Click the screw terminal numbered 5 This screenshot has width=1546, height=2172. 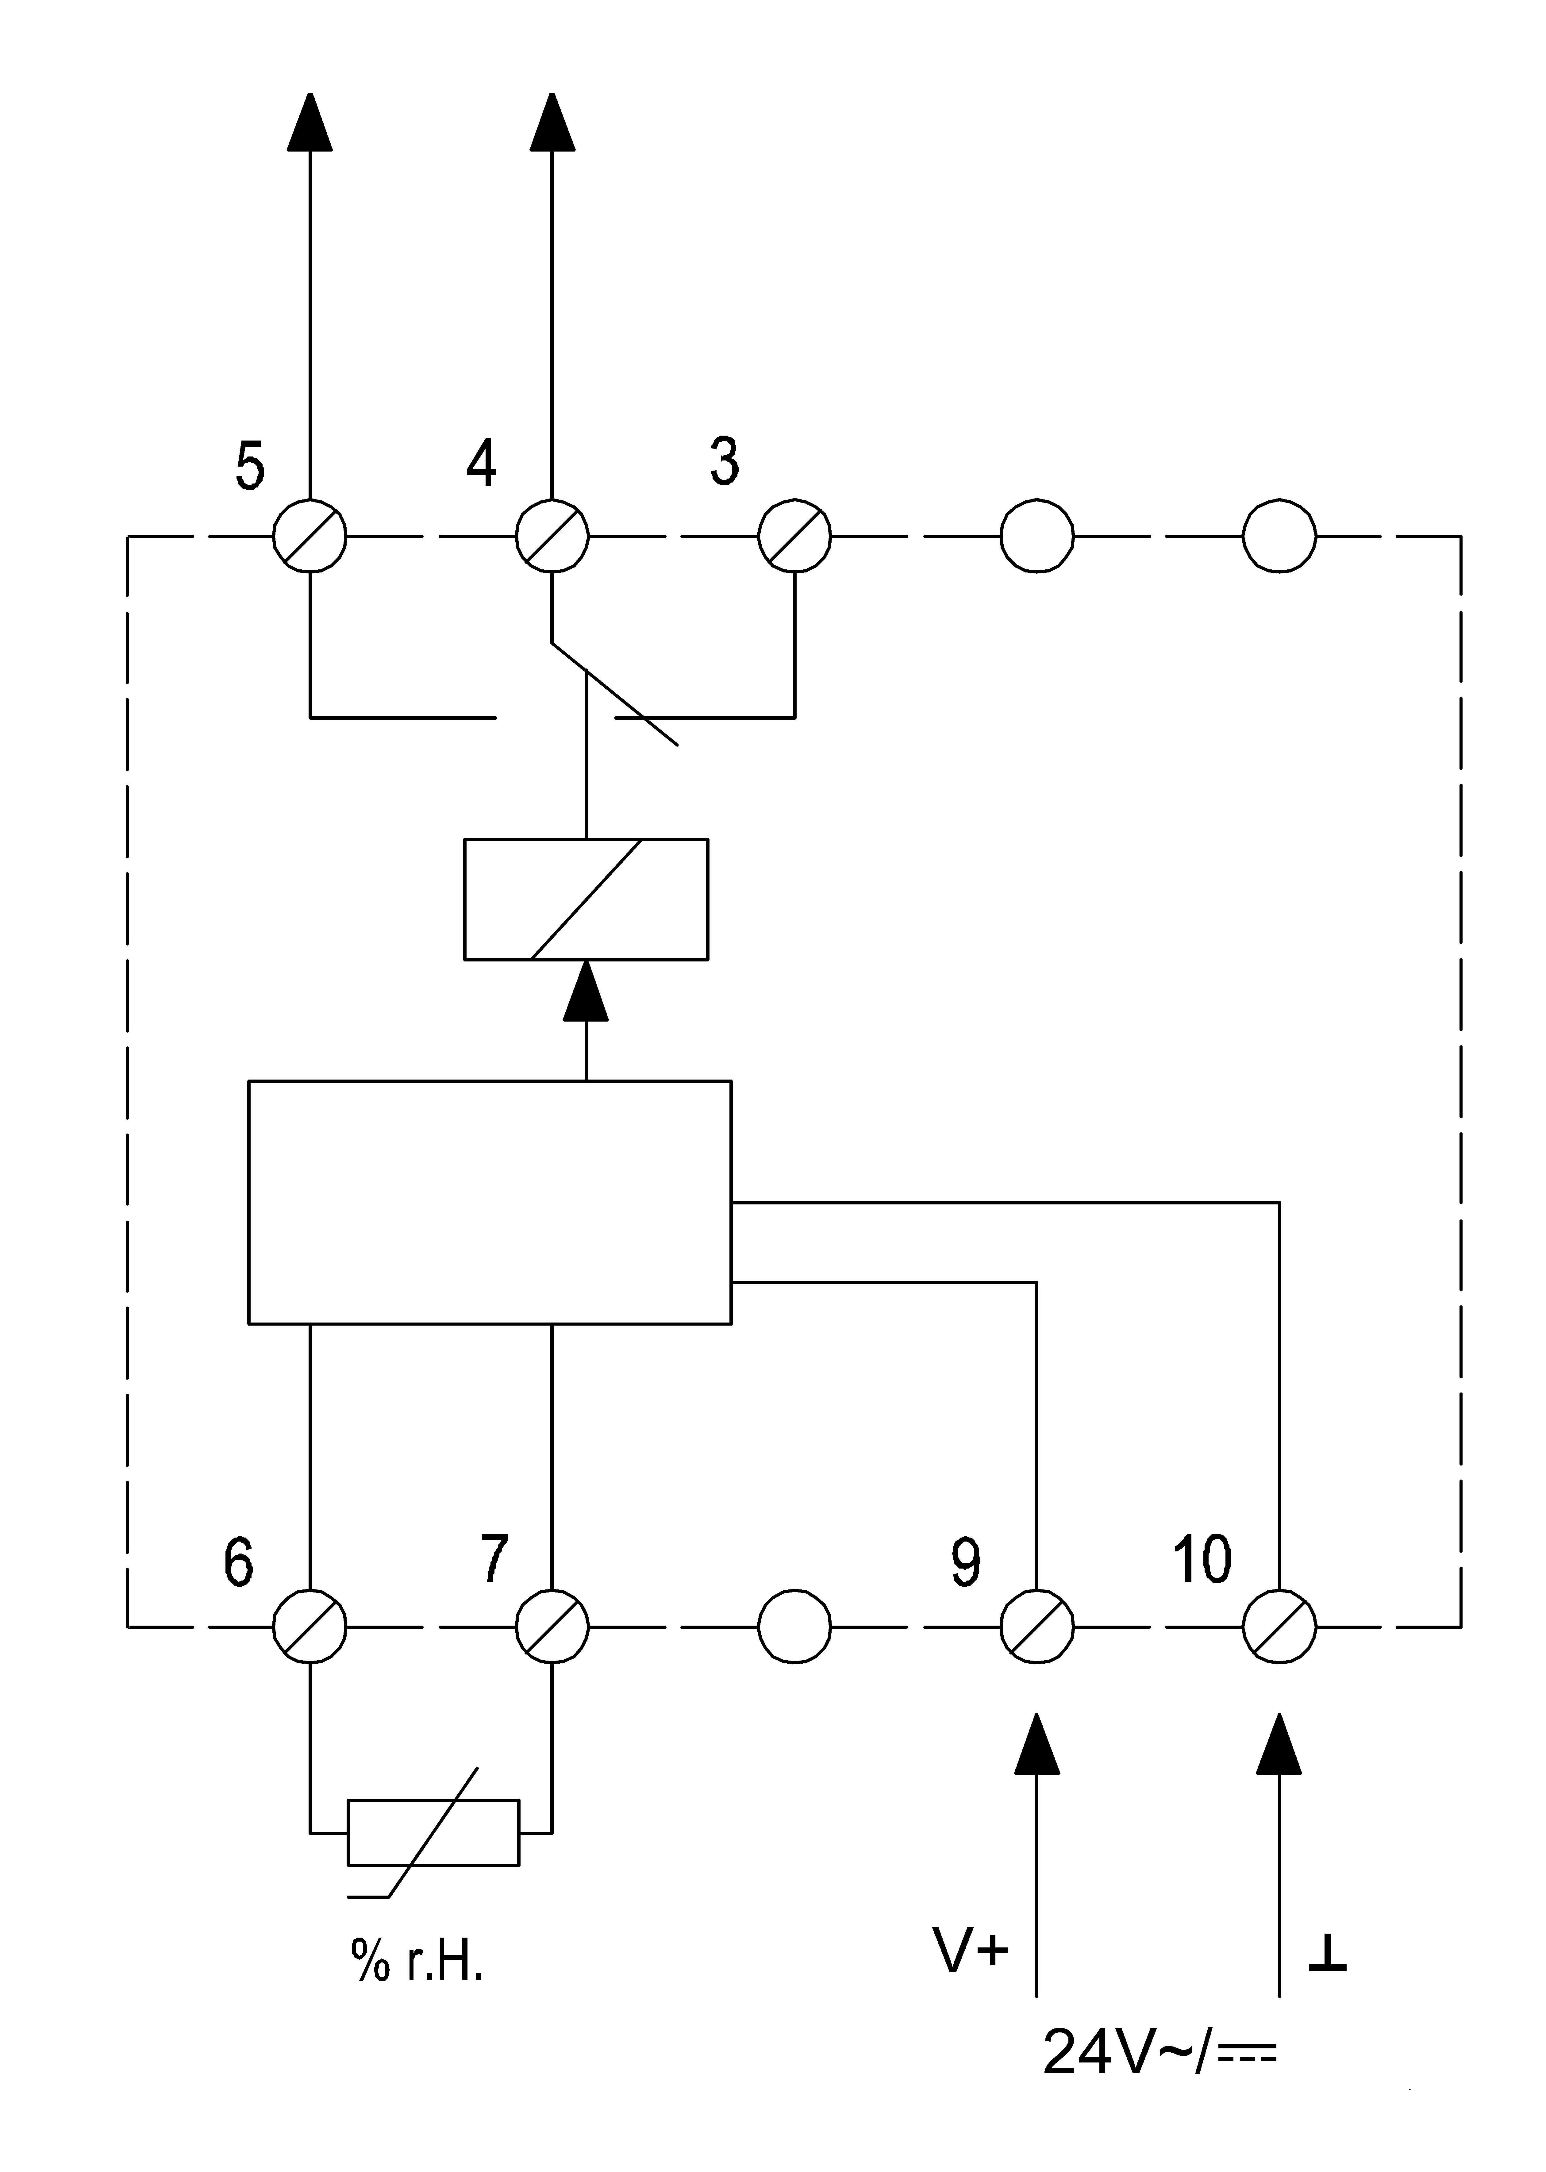click(310, 536)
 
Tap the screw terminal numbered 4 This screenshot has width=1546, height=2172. click(552, 536)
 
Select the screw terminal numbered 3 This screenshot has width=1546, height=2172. click(795, 536)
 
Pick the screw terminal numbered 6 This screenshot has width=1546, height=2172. click(310, 1627)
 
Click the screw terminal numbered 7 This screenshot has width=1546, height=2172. click(552, 1627)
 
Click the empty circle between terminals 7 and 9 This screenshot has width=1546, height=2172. click(795, 1627)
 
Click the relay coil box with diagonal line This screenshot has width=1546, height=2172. click(586, 899)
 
